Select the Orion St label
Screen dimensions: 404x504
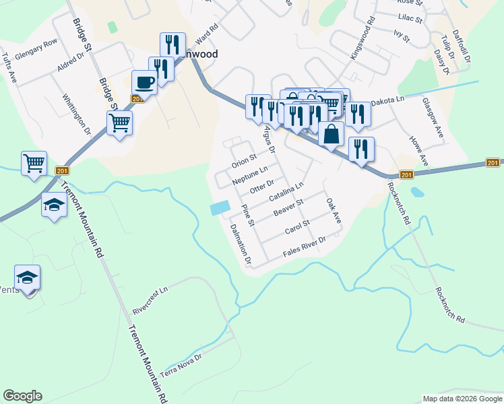245,161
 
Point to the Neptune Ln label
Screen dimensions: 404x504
250,176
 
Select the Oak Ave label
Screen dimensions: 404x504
334,211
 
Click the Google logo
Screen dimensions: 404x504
22,396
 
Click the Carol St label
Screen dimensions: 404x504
296,226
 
